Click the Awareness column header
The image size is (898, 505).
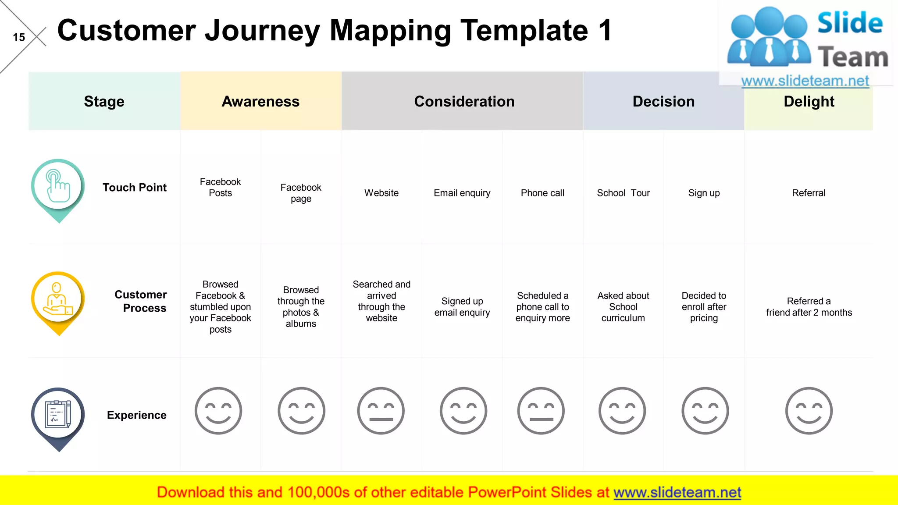(260, 101)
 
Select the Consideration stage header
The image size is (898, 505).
(464, 101)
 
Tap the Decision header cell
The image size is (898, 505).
(663, 101)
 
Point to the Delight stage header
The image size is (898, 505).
(809, 101)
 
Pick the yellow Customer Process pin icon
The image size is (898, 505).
(58, 300)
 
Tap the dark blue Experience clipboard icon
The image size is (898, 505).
(58, 415)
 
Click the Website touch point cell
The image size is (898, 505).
(381, 193)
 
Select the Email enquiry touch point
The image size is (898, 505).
(462, 193)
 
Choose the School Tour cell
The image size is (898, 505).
(623, 193)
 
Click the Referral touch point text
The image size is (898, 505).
(809, 193)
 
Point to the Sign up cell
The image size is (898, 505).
(704, 193)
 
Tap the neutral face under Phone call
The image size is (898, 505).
(541, 411)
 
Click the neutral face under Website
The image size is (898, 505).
(381, 411)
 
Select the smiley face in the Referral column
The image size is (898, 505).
(809, 411)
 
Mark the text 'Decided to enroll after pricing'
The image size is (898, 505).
(704, 307)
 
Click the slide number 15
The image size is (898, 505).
(19, 37)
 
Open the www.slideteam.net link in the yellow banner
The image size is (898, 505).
(677, 492)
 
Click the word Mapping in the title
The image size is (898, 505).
(390, 31)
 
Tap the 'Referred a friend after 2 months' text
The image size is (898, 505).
(809, 307)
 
